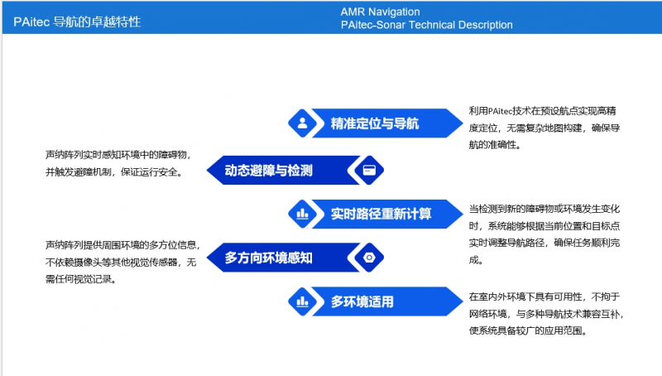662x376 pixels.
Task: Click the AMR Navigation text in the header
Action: (x=380, y=12)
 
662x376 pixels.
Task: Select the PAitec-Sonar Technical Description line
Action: (x=426, y=25)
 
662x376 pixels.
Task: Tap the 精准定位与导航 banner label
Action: (x=375, y=124)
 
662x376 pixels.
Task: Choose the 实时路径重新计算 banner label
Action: (x=381, y=214)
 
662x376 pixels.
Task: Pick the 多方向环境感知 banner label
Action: (x=269, y=258)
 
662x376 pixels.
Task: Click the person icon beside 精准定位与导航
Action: (x=303, y=124)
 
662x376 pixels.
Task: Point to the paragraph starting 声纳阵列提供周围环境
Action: (x=121, y=262)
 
